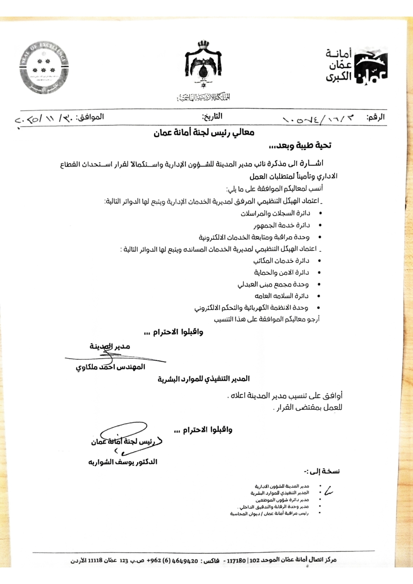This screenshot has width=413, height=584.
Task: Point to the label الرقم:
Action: point(375,117)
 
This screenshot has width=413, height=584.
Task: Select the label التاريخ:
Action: point(212,117)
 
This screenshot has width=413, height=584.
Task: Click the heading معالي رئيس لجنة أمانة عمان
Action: point(204,133)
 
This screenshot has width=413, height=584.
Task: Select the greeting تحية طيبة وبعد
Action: point(300,145)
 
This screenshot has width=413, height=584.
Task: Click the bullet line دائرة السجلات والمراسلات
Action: point(275,214)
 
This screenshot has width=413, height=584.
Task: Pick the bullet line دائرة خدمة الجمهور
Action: point(282,225)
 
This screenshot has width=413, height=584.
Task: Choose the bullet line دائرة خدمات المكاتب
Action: point(281,261)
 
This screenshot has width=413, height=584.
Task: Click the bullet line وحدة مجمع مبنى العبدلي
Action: point(273,284)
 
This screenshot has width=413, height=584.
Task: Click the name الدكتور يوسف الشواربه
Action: point(123,462)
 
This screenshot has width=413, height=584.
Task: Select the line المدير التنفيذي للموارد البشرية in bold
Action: point(204,379)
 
